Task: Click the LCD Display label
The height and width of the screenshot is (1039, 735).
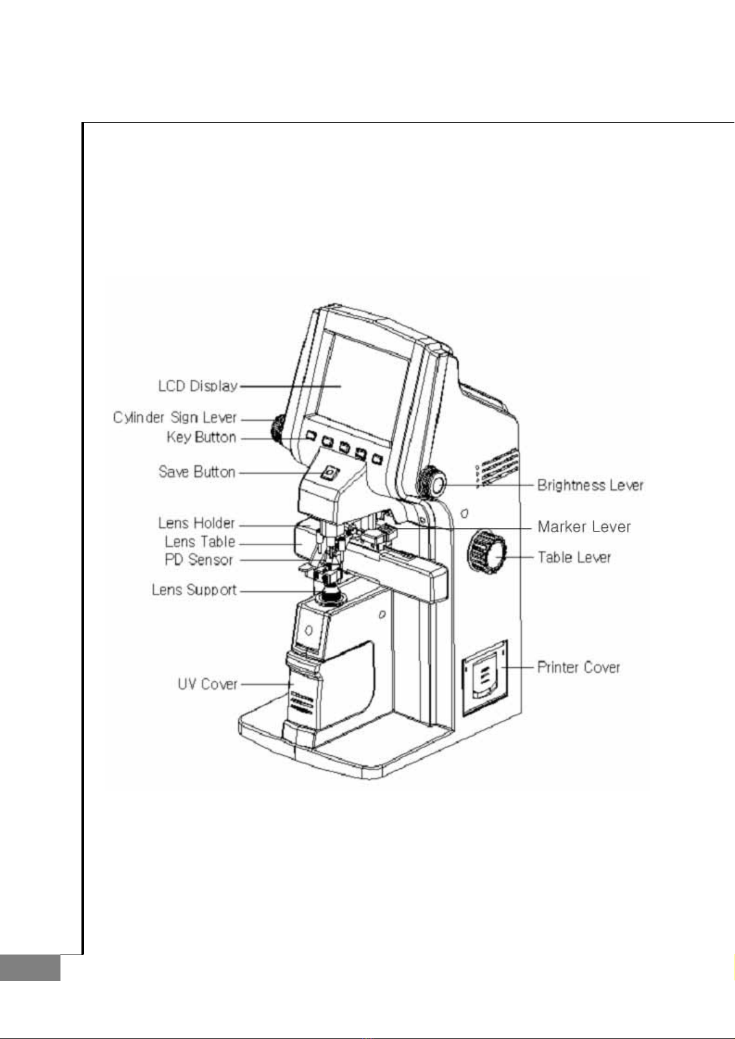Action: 198,387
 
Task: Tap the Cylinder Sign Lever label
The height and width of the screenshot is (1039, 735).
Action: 175,418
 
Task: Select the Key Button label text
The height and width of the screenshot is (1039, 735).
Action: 202,437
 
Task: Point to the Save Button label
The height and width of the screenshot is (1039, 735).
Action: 197,472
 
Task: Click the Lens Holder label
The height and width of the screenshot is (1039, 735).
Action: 197,524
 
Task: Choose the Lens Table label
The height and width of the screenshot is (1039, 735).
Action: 200,542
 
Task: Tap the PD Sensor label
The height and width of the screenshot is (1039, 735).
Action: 199,560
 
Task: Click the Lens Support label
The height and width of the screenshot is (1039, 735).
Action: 194,590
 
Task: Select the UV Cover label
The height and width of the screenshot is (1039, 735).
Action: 207,684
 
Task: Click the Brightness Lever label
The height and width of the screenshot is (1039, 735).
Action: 591,486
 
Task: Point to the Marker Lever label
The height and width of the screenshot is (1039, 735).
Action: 584,527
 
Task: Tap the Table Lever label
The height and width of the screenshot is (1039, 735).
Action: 575,557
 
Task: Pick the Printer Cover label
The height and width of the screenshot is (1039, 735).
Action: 578,667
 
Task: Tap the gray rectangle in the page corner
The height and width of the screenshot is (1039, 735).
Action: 30,967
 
